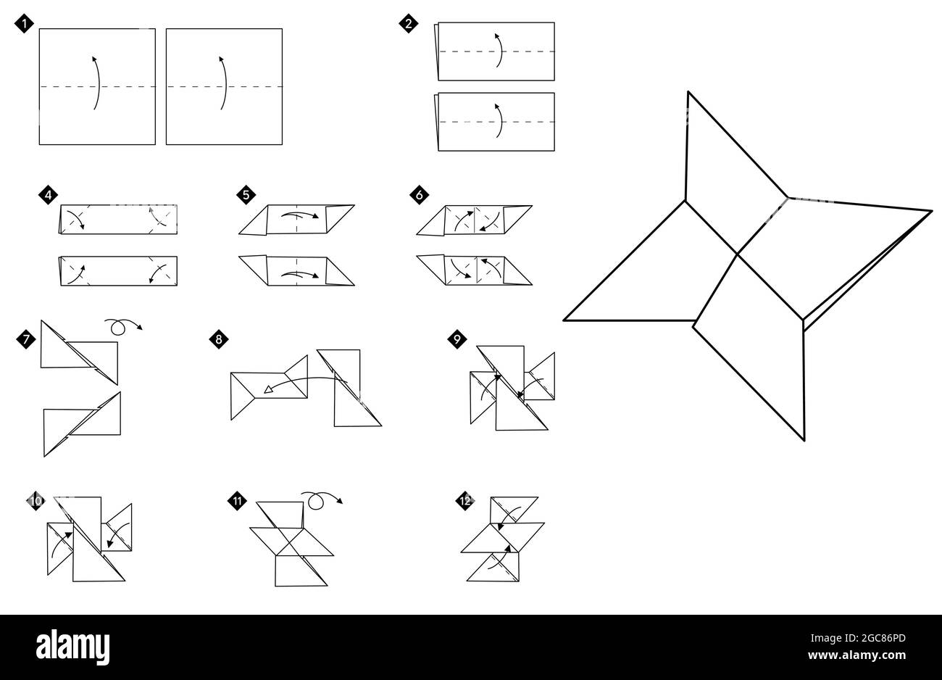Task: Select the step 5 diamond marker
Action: point(246,194)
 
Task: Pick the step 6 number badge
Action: point(420,194)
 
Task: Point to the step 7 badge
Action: point(26,338)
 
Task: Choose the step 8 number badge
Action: point(219,338)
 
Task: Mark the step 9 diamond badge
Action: point(457,338)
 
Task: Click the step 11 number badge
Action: point(236,500)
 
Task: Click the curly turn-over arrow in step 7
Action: point(121,326)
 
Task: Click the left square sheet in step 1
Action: point(97,86)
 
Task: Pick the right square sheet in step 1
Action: point(224,86)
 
